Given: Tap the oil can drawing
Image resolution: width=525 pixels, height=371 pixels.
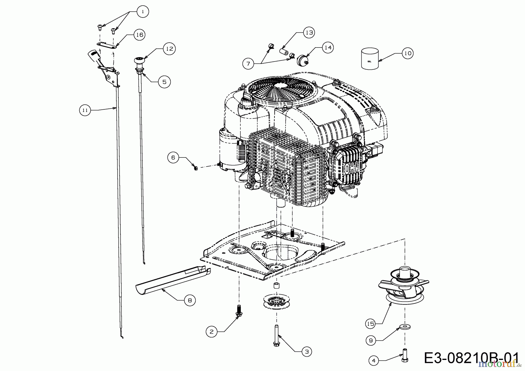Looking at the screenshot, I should [x=370, y=59].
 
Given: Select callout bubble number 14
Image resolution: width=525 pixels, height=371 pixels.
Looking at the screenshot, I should [x=328, y=48].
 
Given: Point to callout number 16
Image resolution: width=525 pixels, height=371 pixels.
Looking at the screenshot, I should [x=139, y=35].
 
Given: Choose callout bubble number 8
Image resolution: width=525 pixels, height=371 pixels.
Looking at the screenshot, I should [x=190, y=300].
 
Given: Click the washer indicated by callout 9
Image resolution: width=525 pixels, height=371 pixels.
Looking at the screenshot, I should [x=405, y=325].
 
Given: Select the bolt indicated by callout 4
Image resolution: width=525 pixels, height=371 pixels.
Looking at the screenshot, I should [x=405, y=355].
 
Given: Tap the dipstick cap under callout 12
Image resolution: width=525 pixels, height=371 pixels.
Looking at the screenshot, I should [x=139, y=60].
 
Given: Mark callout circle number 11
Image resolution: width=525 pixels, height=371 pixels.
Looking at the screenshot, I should [x=85, y=110].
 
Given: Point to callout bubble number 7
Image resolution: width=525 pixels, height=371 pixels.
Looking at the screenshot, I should [x=248, y=64].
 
